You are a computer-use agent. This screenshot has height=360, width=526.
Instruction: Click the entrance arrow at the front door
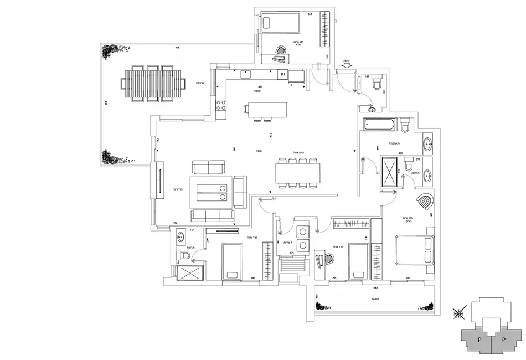coord(347,66)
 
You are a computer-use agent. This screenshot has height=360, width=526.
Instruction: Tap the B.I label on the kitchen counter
coord(282,74)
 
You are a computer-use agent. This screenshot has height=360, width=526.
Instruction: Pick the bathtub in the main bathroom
coord(379,125)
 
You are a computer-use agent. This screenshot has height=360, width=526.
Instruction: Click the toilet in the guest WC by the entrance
coord(378,81)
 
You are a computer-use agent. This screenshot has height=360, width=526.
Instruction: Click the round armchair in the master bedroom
coord(425,203)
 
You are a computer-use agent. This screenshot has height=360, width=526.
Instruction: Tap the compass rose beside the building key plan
coord(459,313)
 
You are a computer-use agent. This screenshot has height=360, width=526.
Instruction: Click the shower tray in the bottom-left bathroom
coord(190,271)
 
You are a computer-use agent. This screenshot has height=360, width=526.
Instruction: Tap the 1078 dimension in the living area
coord(259,151)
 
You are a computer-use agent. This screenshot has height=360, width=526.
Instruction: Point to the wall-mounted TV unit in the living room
coord(160,179)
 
